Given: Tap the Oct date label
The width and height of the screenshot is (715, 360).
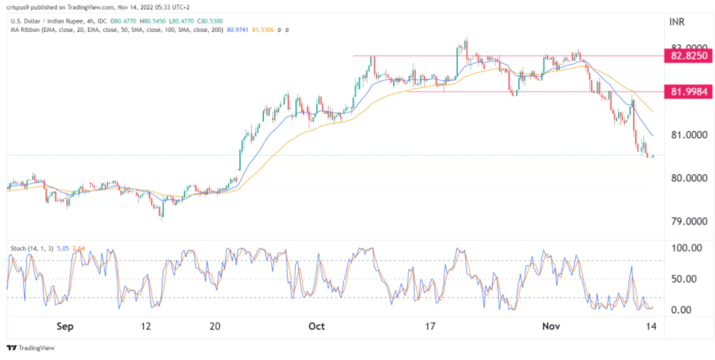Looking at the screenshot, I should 318,326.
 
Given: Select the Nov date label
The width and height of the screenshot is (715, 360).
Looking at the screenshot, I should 550,326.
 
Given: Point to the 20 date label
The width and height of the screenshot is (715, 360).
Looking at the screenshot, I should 215,326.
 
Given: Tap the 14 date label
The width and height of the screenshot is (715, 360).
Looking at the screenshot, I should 651,326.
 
